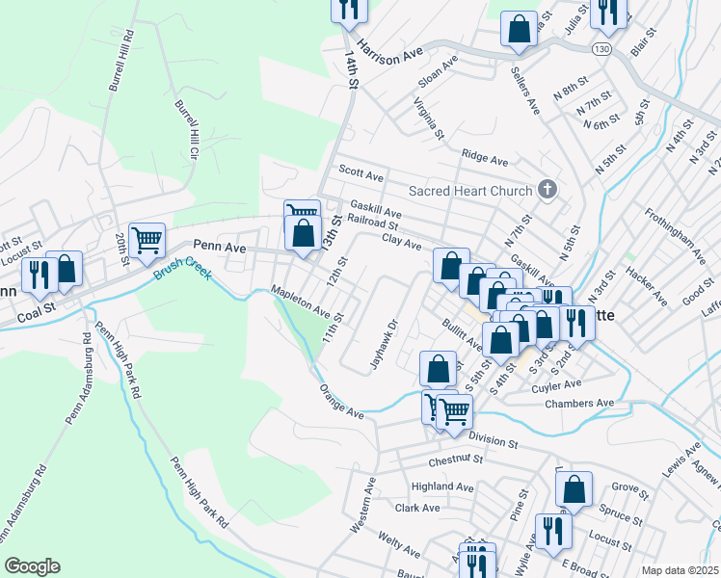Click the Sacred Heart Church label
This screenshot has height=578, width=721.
coord(470,191)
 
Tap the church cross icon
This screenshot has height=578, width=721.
coord(547,189)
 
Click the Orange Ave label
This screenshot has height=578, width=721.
coord(342,402)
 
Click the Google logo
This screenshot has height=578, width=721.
coord(32,566)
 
